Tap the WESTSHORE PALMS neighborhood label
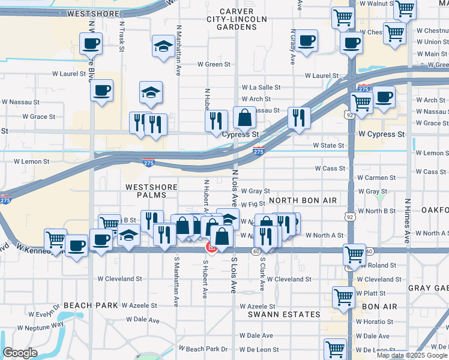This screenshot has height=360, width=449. tap(151, 187)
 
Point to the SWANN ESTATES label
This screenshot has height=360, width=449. tap(285, 314)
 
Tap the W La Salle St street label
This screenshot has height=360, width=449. tap(261, 88)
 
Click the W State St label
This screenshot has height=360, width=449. tap(328, 145)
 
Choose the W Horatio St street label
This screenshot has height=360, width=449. tap(376, 322)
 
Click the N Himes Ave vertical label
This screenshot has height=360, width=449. tap(407, 221)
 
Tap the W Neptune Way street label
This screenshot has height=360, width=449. tap(40, 326)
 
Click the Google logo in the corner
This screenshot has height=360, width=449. tap(20, 353)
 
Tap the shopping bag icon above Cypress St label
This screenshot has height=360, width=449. tap(245, 118)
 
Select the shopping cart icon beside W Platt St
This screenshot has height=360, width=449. tap(343, 296)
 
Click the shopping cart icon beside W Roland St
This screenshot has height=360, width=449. tap(355, 254)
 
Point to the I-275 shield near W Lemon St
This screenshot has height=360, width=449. tap(148, 162)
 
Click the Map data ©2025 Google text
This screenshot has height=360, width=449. tap(412, 355)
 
